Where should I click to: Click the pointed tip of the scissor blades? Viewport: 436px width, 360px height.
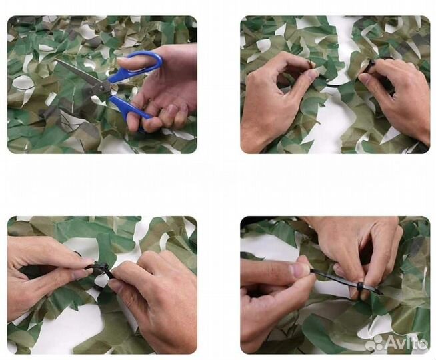coord(55,59)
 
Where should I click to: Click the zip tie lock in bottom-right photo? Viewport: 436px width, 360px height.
coord(360,285)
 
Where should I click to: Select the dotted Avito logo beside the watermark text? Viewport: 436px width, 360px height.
coord(374,343)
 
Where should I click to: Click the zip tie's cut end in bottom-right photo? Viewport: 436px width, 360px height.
coord(381,293)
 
